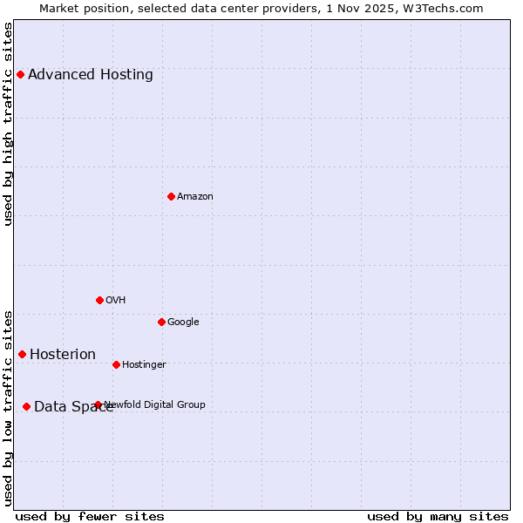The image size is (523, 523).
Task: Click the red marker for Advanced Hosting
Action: coord(20,74)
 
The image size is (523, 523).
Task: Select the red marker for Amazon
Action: coord(171,196)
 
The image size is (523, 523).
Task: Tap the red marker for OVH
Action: coord(99,300)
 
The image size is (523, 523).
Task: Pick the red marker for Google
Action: coord(161,322)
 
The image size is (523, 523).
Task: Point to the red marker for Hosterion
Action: coord(22,354)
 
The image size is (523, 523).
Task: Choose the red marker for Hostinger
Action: coord(116,364)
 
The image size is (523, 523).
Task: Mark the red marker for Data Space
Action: coord(26,406)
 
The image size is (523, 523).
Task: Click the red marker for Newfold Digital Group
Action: coord(98,404)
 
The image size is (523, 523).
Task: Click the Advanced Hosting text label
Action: coord(91,75)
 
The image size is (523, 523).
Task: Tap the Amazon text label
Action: coord(195,197)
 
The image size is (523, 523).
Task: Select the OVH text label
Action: coord(116,301)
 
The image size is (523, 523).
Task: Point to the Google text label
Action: coord(183,323)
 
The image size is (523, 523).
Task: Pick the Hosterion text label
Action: coord(63,355)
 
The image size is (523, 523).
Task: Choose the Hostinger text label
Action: coord(144,365)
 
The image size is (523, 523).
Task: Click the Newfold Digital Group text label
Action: coord(155,404)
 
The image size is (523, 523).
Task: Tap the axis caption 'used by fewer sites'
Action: coord(90,517)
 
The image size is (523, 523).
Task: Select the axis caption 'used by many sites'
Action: coord(438,517)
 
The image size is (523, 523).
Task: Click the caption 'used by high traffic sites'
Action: coord(9,124)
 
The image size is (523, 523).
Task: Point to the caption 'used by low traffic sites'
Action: coord(9,408)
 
